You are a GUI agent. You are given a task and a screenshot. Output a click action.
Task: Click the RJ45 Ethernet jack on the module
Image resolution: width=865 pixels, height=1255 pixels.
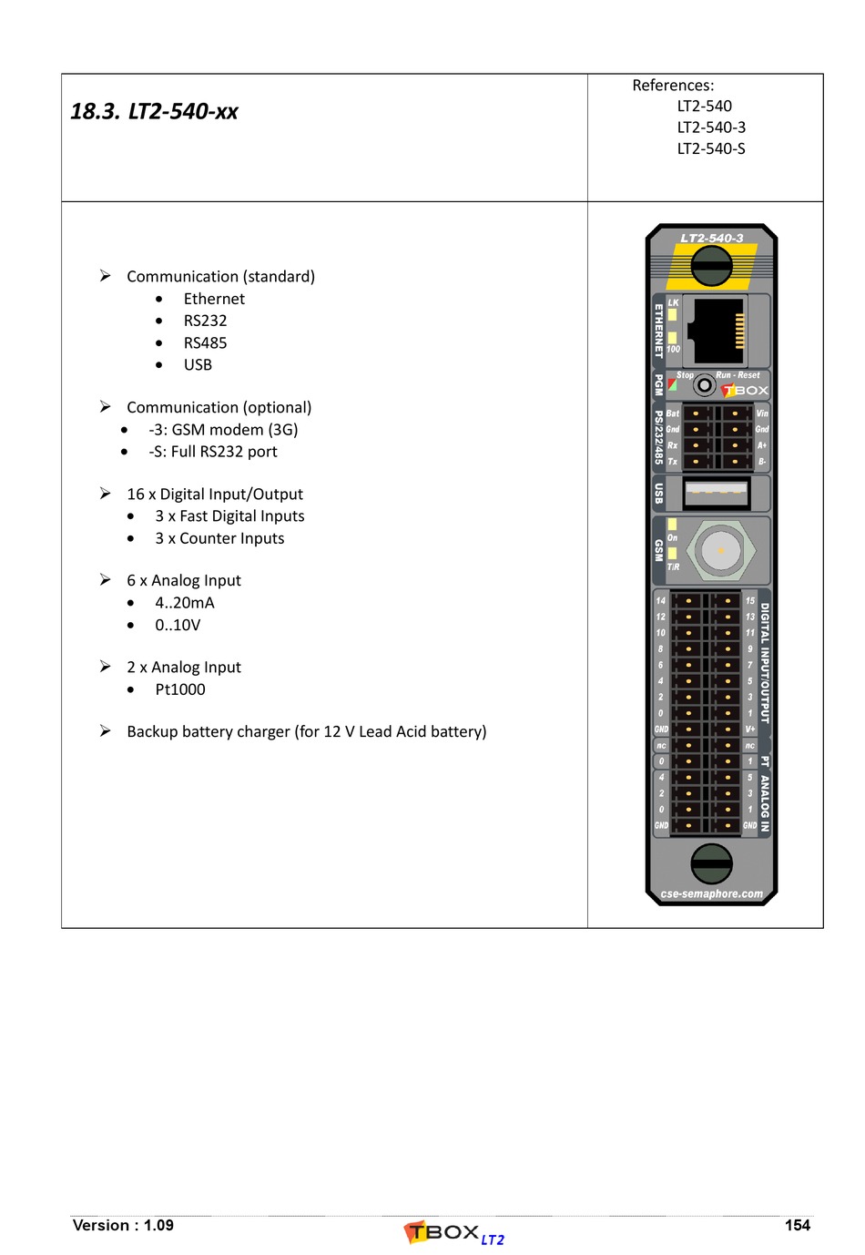pyautogui.click(x=716, y=330)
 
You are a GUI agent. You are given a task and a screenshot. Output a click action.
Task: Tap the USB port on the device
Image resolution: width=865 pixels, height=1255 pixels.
pyautogui.click(x=717, y=493)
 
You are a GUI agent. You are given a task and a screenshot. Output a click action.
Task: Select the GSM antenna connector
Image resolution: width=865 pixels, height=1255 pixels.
pyautogui.click(x=720, y=550)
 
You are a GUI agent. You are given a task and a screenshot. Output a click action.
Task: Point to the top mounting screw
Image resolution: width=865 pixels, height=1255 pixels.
pyautogui.click(x=711, y=267)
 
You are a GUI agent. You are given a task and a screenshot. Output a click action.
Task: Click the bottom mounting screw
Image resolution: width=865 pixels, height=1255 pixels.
pyautogui.click(x=711, y=863)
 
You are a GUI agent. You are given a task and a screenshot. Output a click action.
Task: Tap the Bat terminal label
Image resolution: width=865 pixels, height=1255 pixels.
pyautogui.click(x=673, y=413)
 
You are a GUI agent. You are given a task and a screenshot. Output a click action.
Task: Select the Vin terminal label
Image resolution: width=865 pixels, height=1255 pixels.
pyautogui.click(x=762, y=413)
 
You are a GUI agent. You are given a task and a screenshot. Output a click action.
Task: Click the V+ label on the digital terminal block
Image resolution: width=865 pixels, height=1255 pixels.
pyautogui.click(x=750, y=730)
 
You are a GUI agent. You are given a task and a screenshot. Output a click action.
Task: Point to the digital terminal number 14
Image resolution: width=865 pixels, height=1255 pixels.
pyautogui.click(x=661, y=601)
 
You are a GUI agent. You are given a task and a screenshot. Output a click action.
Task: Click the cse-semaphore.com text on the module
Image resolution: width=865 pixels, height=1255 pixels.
pyautogui.click(x=711, y=894)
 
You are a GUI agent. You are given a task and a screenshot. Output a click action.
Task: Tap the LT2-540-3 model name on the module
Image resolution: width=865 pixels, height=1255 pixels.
pyautogui.click(x=711, y=239)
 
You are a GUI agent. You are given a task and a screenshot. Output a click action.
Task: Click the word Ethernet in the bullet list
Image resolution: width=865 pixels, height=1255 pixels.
pyautogui.click(x=214, y=299)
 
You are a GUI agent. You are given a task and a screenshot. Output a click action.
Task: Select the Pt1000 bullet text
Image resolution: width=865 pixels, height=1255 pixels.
pyautogui.click(x=180, y=689)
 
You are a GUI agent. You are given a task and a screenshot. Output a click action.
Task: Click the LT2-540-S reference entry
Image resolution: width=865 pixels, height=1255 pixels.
pyautogui.click(x=711, y=148)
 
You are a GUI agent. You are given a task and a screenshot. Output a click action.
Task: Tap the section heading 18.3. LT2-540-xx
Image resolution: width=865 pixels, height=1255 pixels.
pyautogui.click(x=154, y=112)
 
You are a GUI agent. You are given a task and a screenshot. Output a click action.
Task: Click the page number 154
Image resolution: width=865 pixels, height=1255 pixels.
pyautogui.click(x=797, y=1225)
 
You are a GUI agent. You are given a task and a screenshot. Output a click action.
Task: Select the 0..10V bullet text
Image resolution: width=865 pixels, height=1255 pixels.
pyautogui.click(x=178, y=625)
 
